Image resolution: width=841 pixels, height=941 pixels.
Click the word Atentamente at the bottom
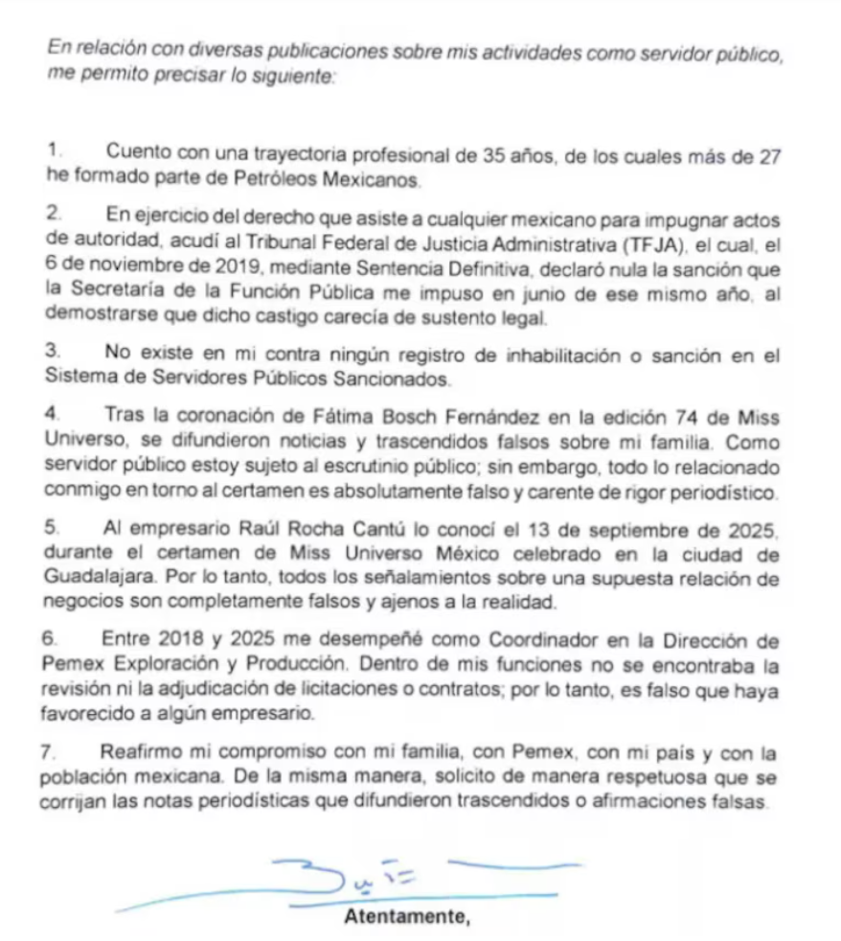click(407, 917)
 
